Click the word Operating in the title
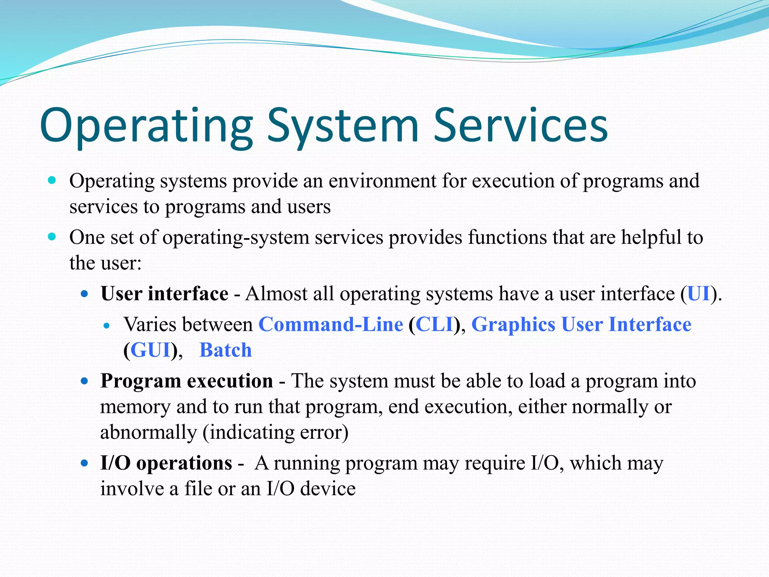click(146, 126)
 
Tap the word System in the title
click(342, 126)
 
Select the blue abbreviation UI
click(698, 293)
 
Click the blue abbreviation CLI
click(434, 324)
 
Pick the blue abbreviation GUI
click(151, 350)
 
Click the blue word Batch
click(225, 350)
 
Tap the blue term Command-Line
click(330, 324)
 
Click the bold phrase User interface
click(164, 293)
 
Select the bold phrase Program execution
click(187, 381)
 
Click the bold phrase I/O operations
click(166, 463)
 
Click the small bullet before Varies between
click(107, 326)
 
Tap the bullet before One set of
click(52, 237)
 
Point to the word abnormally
click(148, 432)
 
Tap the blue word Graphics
click(513, 324)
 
